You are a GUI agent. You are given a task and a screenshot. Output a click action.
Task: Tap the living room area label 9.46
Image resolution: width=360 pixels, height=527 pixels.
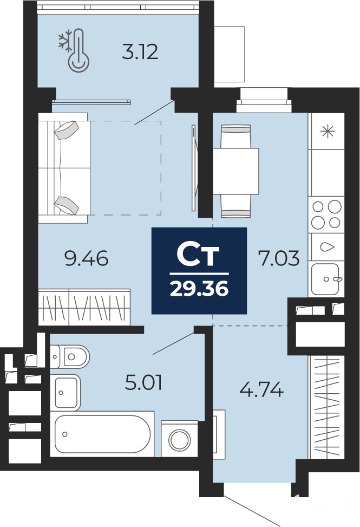pyautogui.click(x=87, y=259)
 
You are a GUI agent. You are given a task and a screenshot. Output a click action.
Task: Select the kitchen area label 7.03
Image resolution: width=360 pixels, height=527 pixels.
pyautogui.click(x=278, y=259)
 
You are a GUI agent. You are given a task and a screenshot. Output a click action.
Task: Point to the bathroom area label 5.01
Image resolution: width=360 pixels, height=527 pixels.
pyautogui.click(x=143, y=383)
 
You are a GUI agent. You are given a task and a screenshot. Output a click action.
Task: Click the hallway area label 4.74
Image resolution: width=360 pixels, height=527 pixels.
pyautogui.click(x=261, y=391)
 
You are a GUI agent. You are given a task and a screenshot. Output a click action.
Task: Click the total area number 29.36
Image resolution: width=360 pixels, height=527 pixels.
pyautogui.click(x=199, y=289)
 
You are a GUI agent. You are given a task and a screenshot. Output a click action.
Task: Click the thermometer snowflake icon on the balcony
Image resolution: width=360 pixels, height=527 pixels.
pyautogui.click(x=74, y=50)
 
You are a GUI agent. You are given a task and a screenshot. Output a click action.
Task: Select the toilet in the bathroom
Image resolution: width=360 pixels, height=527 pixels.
pyautogui.click(x=70, y=356)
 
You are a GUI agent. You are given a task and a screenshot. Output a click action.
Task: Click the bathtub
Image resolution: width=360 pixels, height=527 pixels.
pyautogui.click(x=102, y=434)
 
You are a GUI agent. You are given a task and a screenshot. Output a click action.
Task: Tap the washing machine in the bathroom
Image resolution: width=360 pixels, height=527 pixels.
pyautogui.click(x=179, y=439)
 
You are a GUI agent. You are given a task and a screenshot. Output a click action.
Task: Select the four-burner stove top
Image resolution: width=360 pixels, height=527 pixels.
pyautogui.click(x=326, y=214)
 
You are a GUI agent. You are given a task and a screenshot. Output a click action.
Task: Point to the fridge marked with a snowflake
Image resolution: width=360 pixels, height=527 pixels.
pyautogui.click(x=326, y=131)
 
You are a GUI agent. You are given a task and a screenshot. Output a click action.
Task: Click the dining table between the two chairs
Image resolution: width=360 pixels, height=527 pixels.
pyautogui.click(x=235, y=171)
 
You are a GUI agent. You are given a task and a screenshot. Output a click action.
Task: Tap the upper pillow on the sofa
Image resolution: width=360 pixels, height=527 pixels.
pyautogui.click(x=67, y=129)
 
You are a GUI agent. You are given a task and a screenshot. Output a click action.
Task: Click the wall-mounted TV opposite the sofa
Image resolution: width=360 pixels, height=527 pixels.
pyautogui.click(x=194, y=168)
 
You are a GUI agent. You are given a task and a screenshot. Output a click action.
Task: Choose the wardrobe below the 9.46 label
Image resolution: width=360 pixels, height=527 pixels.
pyautogui.click(x=84, y=307)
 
